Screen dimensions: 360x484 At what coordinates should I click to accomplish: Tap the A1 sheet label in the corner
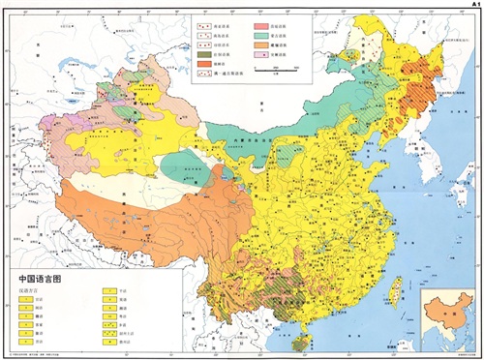point(473,5)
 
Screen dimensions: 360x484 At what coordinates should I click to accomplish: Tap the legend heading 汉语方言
point(31,287)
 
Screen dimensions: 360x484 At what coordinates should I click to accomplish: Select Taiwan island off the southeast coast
point(395,288)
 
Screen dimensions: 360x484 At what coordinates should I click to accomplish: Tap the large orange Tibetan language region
point(145,218)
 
